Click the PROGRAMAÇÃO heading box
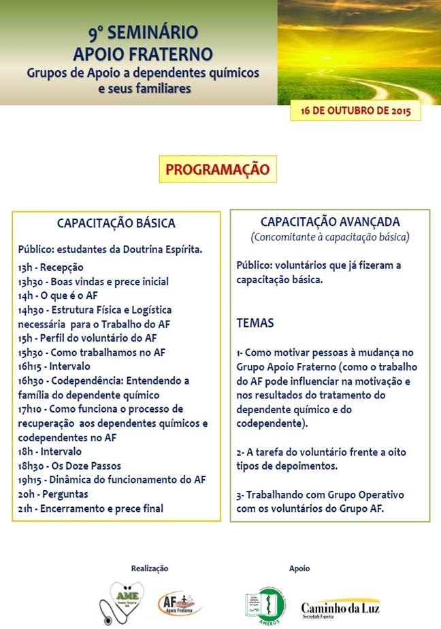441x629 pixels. (x=218, y=169)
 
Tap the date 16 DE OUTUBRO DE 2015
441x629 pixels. (x=355, y=110)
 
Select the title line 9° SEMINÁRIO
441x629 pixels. (x=143, y=32)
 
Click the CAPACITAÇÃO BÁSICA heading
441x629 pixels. (x=116, y=223)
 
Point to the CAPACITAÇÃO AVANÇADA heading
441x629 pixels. (x=330, y=222)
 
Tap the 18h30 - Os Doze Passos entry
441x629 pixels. (x=69, y=466)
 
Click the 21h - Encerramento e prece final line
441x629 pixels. (x=91, y=508)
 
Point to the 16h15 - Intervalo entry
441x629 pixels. (x=54, y=366)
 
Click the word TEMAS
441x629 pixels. (x=255, y=323)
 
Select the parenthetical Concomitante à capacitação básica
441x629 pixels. (x=330, y=237)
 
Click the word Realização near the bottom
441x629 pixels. (x=149, y=568)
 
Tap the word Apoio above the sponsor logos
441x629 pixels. (x=299, y=568)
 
